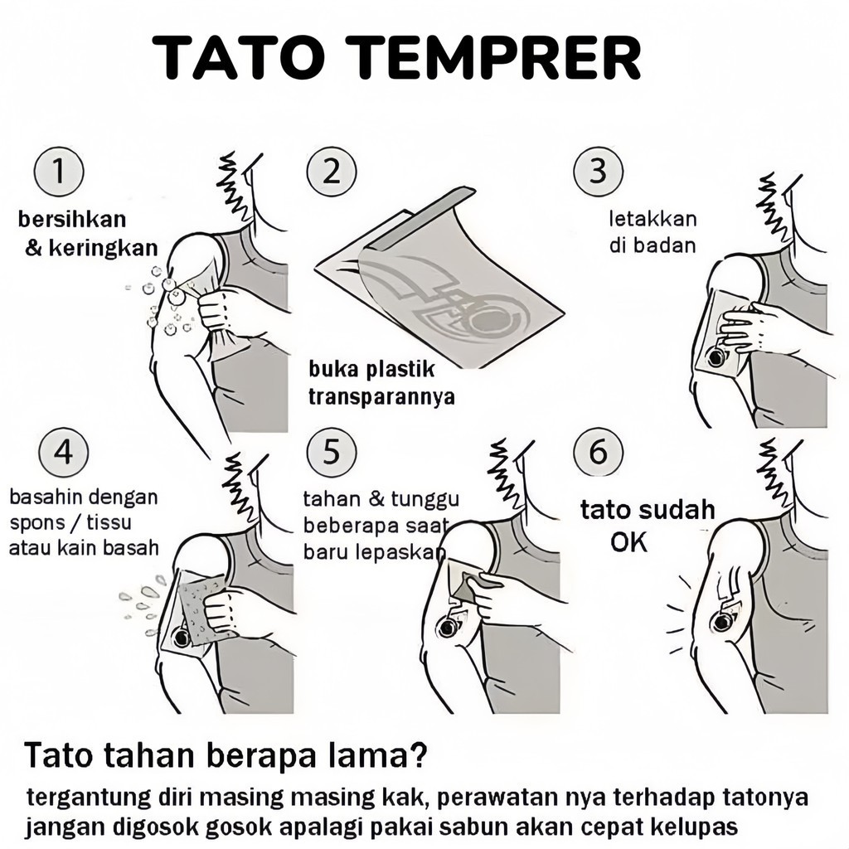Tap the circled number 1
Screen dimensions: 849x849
click(x=58, y=173)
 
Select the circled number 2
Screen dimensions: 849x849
click(x=331, y=172)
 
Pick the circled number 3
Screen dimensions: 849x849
click(x=598, y=172)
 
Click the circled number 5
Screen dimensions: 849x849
click(x=331, y=453)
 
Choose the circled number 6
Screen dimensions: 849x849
click(x=597, y=453)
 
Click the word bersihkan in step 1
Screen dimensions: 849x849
click(x=72, y=220)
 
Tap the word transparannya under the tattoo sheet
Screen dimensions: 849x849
click(x=381, y=396)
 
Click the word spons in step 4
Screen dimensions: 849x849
click(x=34, y=524)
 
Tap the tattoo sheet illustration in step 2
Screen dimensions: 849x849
click(x=439, y=282)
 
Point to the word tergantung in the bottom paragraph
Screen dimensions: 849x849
click(x=88, y=798)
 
